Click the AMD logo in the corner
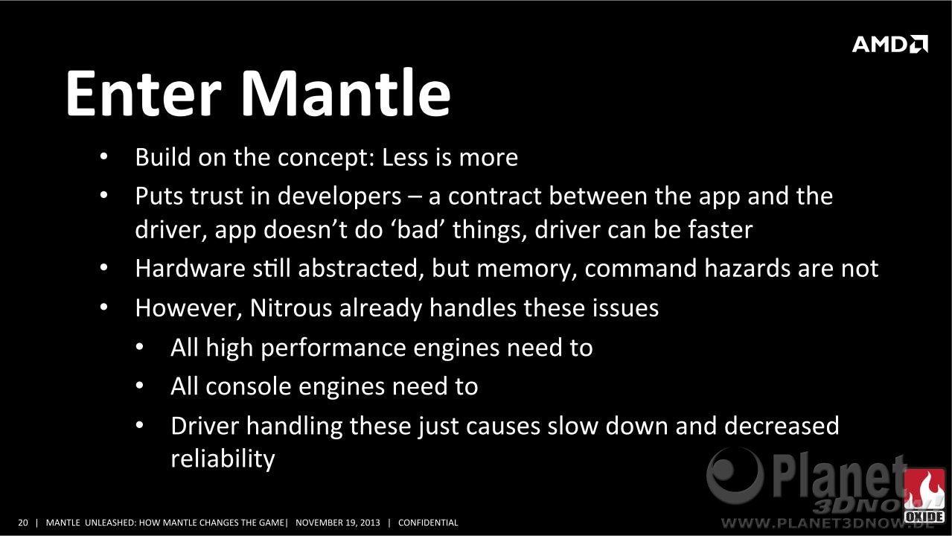[889, 44]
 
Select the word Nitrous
[291, 307]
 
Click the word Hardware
[190, 269]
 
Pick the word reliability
[223, 459]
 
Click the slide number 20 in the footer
[22, 523]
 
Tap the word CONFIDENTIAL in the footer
[428, 523]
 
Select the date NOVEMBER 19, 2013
[338, 523]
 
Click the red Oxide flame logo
[924, 496]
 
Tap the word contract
[495, 197]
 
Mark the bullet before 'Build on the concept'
[104, 157]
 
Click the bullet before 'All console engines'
[140, 386]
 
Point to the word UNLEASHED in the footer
[110, 523]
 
